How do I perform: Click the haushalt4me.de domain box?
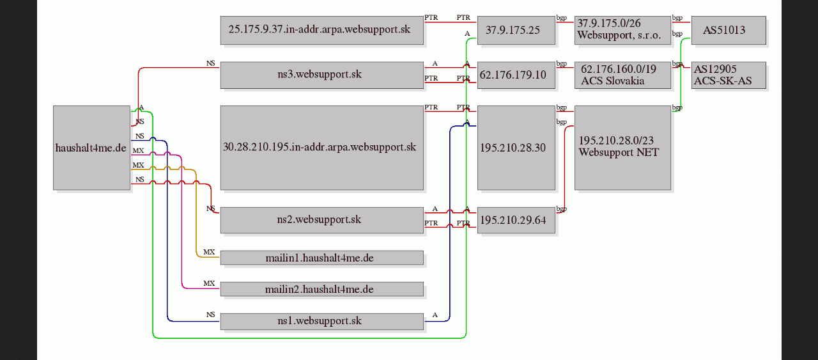91,148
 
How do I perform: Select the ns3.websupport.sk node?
321,75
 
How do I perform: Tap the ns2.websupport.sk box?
321,220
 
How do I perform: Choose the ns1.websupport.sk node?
321,321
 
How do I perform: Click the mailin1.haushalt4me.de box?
321,258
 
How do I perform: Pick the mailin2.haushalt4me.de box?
321,289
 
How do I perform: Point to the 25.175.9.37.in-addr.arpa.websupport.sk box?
321,30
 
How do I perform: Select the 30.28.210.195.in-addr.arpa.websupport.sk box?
321,148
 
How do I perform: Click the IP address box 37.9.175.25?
516,30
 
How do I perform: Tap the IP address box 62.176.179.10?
516,75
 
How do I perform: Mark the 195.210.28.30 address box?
516,148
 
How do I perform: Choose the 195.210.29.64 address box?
516,220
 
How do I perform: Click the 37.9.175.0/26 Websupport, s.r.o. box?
622,30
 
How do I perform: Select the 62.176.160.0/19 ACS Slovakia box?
622,75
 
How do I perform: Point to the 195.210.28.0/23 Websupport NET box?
622,148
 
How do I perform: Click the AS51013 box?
729,30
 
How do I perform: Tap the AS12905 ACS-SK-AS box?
729,75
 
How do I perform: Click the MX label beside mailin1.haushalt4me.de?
209,252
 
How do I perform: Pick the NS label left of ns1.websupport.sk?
211,315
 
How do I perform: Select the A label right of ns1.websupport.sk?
435,315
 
